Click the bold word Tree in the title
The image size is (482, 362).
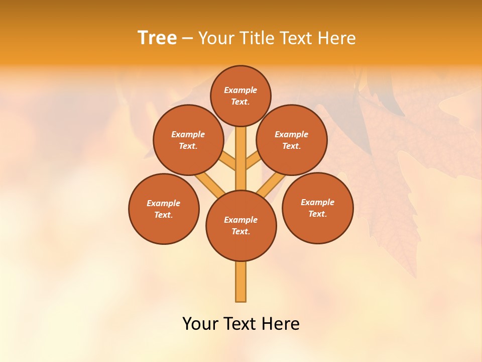point(157,38)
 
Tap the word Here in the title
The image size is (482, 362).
point(337,38)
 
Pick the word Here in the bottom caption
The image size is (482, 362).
point(280,324)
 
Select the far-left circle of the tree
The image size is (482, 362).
point(164,209)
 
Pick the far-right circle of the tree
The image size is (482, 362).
point(317,208)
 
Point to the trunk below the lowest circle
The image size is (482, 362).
point(241,282)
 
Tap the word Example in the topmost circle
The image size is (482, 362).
point(240,90)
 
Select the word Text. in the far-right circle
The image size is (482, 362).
point(317,214)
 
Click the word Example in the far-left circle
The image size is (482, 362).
point(163,204)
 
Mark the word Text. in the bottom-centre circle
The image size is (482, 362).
point(240,232)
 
